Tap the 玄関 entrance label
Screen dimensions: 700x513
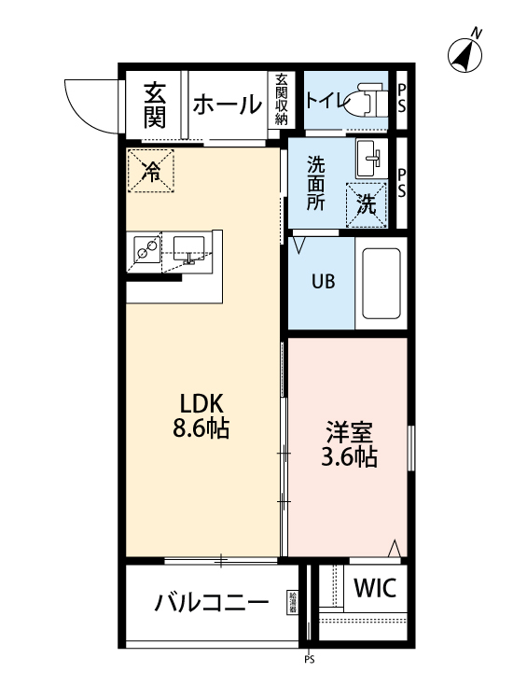tap(155, 105)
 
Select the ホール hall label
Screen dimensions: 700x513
tap(227, 105)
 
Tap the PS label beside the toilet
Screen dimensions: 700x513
tap(402, 99)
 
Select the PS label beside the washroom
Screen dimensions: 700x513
tap(402, 182)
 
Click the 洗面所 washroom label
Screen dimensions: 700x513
tap(317, 182)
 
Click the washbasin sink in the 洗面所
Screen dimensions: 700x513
tap(371, 159)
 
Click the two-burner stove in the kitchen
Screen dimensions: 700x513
tap(146, 247)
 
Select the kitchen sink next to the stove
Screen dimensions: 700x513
tap(189, 248)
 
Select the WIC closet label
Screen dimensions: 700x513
tap(376, 588)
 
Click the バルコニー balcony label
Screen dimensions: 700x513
tap(212, 602)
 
